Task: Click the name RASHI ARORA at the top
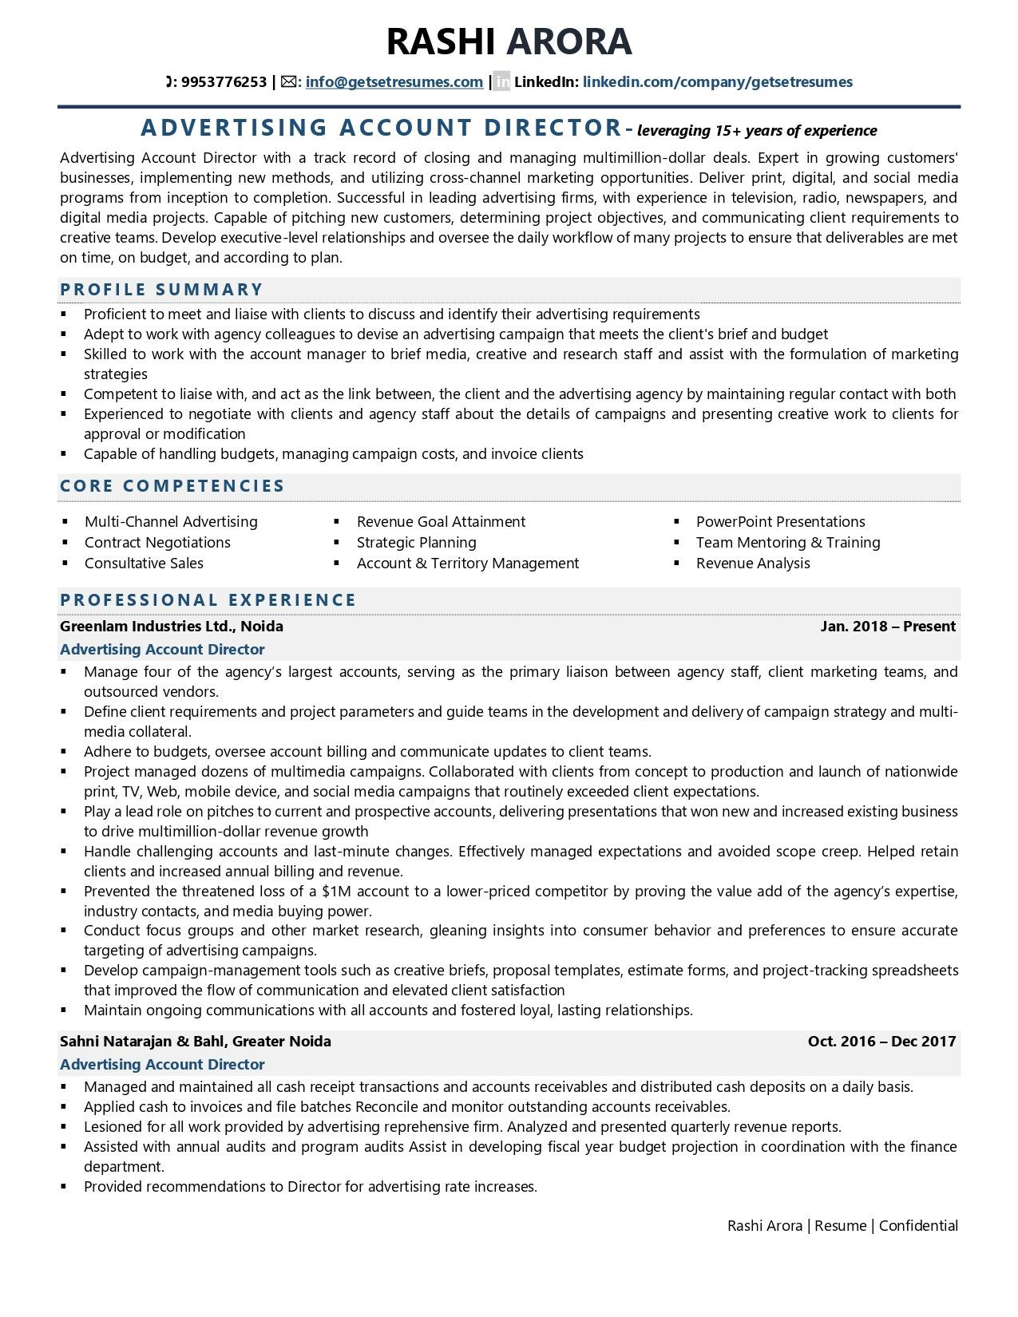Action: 509,42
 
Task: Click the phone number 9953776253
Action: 224,82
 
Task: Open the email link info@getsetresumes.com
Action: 394,82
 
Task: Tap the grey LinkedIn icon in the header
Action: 501,81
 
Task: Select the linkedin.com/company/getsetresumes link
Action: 717,82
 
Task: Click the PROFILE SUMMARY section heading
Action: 161,290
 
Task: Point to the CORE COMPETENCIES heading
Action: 172,486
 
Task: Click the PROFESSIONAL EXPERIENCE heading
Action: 208,600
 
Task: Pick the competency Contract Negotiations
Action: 157,543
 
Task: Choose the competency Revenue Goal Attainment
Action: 441,522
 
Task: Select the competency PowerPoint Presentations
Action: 780,522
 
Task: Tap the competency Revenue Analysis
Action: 752,564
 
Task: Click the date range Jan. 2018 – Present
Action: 887,627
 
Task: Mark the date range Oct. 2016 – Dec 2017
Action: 881,1042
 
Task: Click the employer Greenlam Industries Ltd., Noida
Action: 171,627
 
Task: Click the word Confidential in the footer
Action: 918,1226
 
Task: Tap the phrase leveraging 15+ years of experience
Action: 757,131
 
